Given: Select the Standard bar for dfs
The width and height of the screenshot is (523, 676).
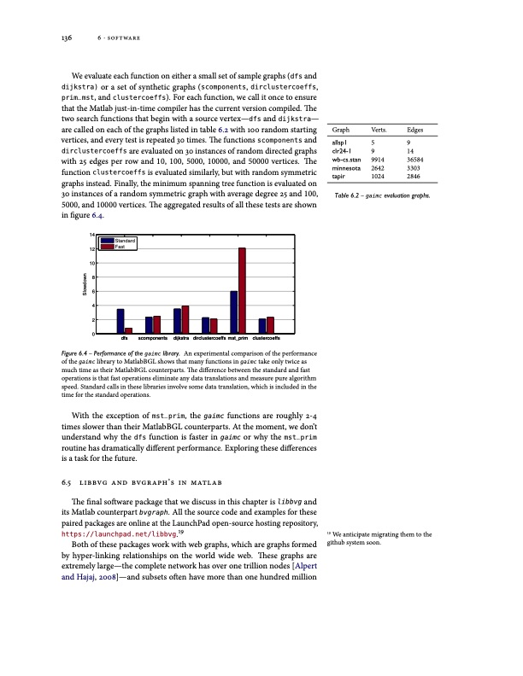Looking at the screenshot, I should [x=120, y=321].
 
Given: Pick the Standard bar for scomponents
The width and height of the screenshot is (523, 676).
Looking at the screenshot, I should [x=149, y=325].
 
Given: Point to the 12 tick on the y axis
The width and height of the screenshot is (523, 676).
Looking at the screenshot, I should [x=91, y=248].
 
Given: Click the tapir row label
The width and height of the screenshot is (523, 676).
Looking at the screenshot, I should [x=339, y=176].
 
